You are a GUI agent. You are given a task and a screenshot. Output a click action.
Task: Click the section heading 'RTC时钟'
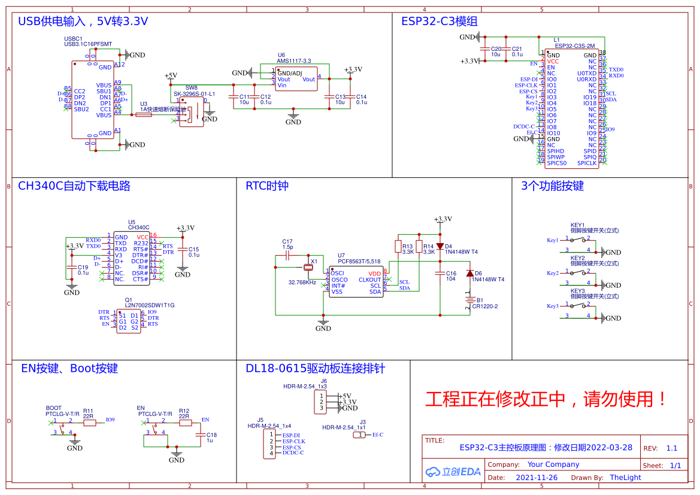coord(267,186)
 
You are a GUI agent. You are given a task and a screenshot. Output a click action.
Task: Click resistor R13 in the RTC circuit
coord(398,246)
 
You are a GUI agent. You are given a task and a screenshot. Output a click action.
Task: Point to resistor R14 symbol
coord(419,246)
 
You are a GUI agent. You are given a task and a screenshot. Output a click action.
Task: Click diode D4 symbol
coord(440,246)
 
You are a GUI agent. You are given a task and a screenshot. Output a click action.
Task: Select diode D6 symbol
coord(469,274)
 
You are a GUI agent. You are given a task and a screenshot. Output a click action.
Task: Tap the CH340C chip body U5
coord(131,258)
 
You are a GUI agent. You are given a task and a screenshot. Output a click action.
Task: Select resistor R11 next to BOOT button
coord(89,423)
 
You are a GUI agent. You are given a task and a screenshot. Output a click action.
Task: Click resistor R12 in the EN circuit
coord(185,423)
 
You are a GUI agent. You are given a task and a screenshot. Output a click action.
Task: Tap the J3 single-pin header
coord(359,435)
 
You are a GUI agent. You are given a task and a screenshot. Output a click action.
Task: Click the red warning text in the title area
coord(546,399)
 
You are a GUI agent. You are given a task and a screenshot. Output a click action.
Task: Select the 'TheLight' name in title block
coord(625,478)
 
